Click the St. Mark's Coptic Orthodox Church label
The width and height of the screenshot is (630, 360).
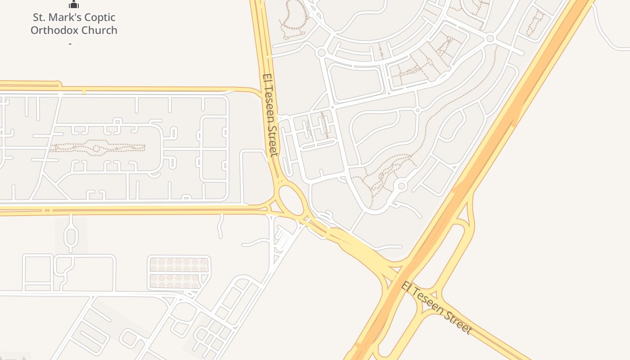click(x=74, y=24)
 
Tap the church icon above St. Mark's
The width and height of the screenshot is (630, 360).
click(x=74, y=5)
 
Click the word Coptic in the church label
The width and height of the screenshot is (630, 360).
click(x=99, y=18)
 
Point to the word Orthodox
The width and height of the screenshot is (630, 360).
click(x=52, y=31)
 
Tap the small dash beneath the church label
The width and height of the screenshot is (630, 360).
click(x=70, y=44)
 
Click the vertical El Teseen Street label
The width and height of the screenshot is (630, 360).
click(x=271, y=115)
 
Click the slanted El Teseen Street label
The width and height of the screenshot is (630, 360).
click(x=437, y=308)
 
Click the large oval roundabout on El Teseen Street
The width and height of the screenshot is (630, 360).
click(x=291, y=200)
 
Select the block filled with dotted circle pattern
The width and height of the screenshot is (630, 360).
click(x=179, y=273)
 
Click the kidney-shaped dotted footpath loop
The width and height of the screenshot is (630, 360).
click(x=292, y=18)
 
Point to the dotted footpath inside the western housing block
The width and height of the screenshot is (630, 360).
click(x=97, y=148)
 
